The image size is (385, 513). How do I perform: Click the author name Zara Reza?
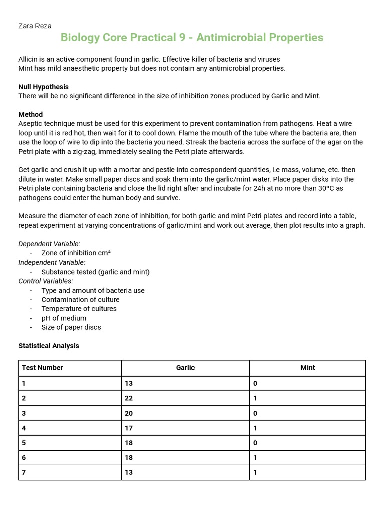tap(35, 26)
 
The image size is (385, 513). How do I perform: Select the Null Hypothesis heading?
tap(44, 87)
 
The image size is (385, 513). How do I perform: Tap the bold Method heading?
tap(31, 114)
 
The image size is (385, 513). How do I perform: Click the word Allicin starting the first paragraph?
tap(29, 59)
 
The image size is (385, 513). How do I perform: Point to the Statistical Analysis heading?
tap(49, 346)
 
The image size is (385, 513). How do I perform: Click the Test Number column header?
tap(43, 368)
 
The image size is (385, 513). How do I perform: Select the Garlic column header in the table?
tap(185, 368)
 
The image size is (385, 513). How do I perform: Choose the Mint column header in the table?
tap(308, 368)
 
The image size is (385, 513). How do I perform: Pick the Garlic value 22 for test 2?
tap(129, 399)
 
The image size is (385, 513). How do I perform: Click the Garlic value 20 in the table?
tap(129, 414)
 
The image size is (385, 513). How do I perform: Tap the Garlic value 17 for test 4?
tap(129, 428)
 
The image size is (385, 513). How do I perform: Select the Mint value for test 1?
tap(255, 384)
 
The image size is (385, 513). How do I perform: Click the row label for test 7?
tap(24, 472)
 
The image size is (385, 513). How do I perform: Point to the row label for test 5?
tap(24, 443)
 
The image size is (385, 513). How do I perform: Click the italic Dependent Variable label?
tap(49, 244)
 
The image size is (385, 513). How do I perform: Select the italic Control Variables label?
tap(46, 281)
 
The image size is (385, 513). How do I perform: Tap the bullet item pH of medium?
tap(64, 318)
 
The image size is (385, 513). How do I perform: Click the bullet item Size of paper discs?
tap(71, 327)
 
